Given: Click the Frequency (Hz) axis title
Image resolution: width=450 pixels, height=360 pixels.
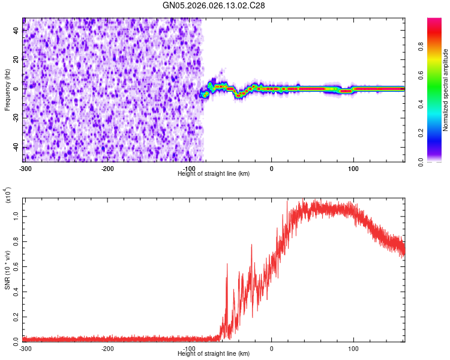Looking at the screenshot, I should tap(7, 89).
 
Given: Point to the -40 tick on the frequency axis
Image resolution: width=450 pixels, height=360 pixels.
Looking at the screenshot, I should tap(15, 147).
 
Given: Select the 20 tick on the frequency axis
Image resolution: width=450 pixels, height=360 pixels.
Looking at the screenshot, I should tap(16, 59).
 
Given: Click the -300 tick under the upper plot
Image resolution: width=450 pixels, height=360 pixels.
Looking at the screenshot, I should tap(25, 167).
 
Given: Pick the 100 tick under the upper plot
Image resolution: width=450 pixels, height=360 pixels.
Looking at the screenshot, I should tap(353, 167).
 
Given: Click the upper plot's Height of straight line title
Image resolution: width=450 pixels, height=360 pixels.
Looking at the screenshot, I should tap(214, 173).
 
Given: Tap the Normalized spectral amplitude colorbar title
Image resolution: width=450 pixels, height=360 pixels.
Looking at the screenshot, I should tap(446, 90).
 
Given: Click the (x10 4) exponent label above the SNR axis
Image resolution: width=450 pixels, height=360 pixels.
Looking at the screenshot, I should tap(8, 195).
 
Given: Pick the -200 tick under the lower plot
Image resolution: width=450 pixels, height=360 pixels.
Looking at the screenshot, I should tap(108, 348).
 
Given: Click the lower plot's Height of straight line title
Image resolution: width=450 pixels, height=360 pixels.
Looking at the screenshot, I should tap(214, 354).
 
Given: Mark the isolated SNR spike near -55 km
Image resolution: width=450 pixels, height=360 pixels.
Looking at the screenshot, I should tap(227, 264).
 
